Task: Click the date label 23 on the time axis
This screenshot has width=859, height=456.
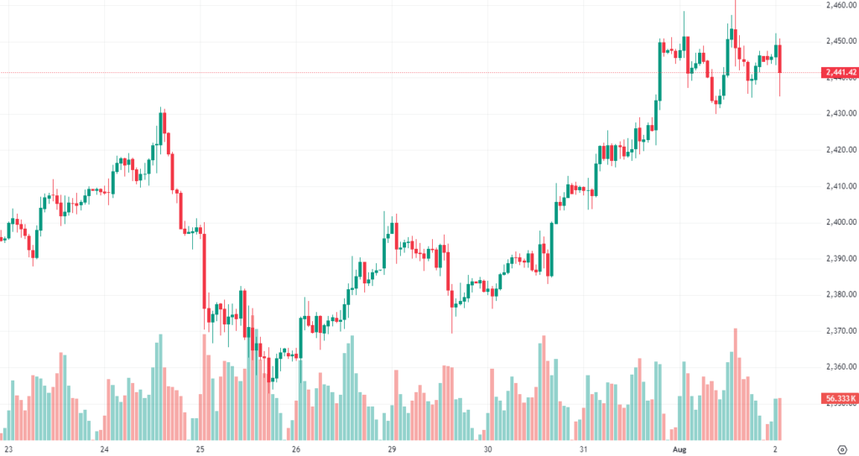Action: [x=9, y=449]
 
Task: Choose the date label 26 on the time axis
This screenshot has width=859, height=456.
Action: [x=296, y=449]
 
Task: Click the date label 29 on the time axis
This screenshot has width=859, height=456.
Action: [x=392, y=449]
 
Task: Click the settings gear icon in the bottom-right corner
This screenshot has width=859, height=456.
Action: [x=841, y=449]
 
